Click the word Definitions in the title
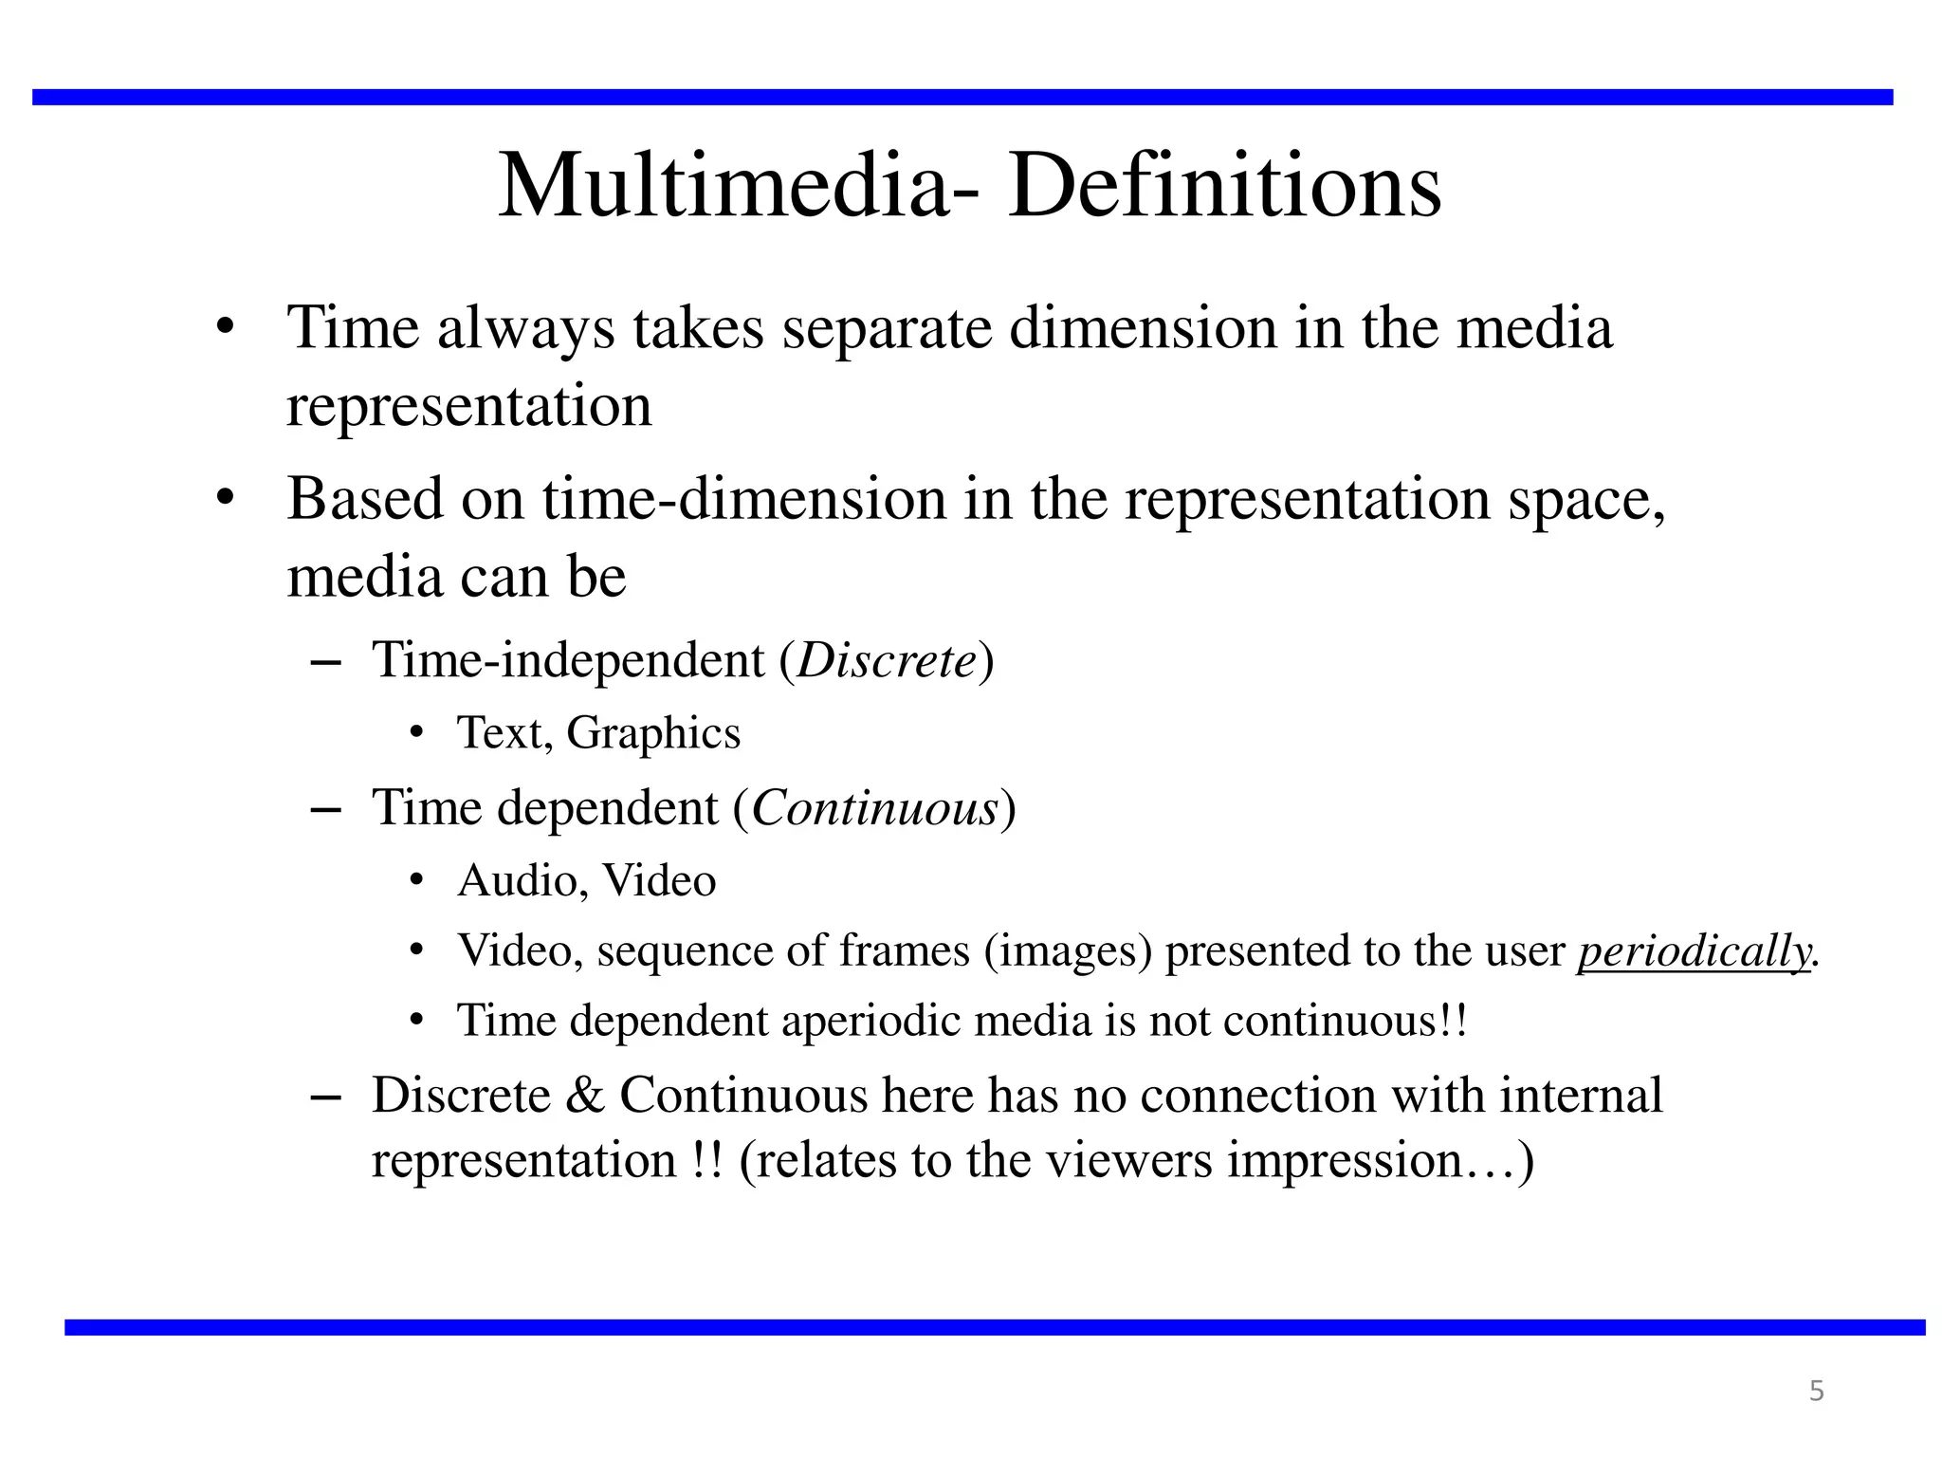click(1224, 186)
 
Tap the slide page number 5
click(1817, 1391)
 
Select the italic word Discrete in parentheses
click(887, 660)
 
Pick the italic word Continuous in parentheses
click(874, 808)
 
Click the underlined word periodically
click(1695, 950)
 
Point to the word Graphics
click(653, 733)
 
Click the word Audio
click(518, 880)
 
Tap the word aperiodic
click(870, 1021)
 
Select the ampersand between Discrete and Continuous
click(584, 1096)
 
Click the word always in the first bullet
click(526, 328)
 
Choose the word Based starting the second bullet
click(365, 499)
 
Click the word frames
click(905, 950)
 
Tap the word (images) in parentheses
click(1068, 950)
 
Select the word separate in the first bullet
click(887, 328)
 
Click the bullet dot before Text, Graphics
click(415, 733)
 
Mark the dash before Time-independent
click(325, 660)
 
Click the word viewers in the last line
click(1128, 1161)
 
